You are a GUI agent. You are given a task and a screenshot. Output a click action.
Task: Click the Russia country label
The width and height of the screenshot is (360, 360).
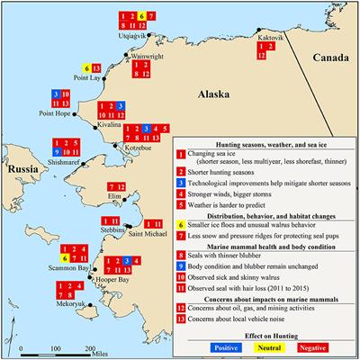18,168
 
